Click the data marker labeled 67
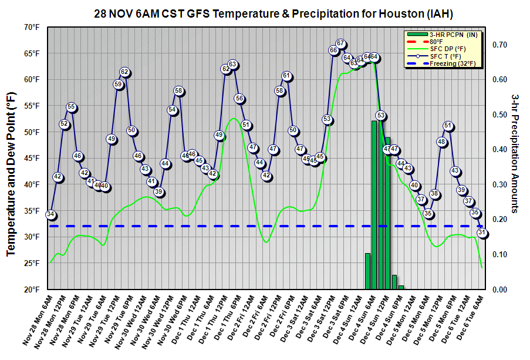click(340, 43)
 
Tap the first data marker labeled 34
click(51, 214)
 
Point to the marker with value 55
click(71, 107)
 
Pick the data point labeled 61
click(287, 75)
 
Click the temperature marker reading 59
click(118, 85)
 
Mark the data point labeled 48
click(441, 142)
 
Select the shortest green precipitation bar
click(401, 287)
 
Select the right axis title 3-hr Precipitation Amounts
click(515, 153)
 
